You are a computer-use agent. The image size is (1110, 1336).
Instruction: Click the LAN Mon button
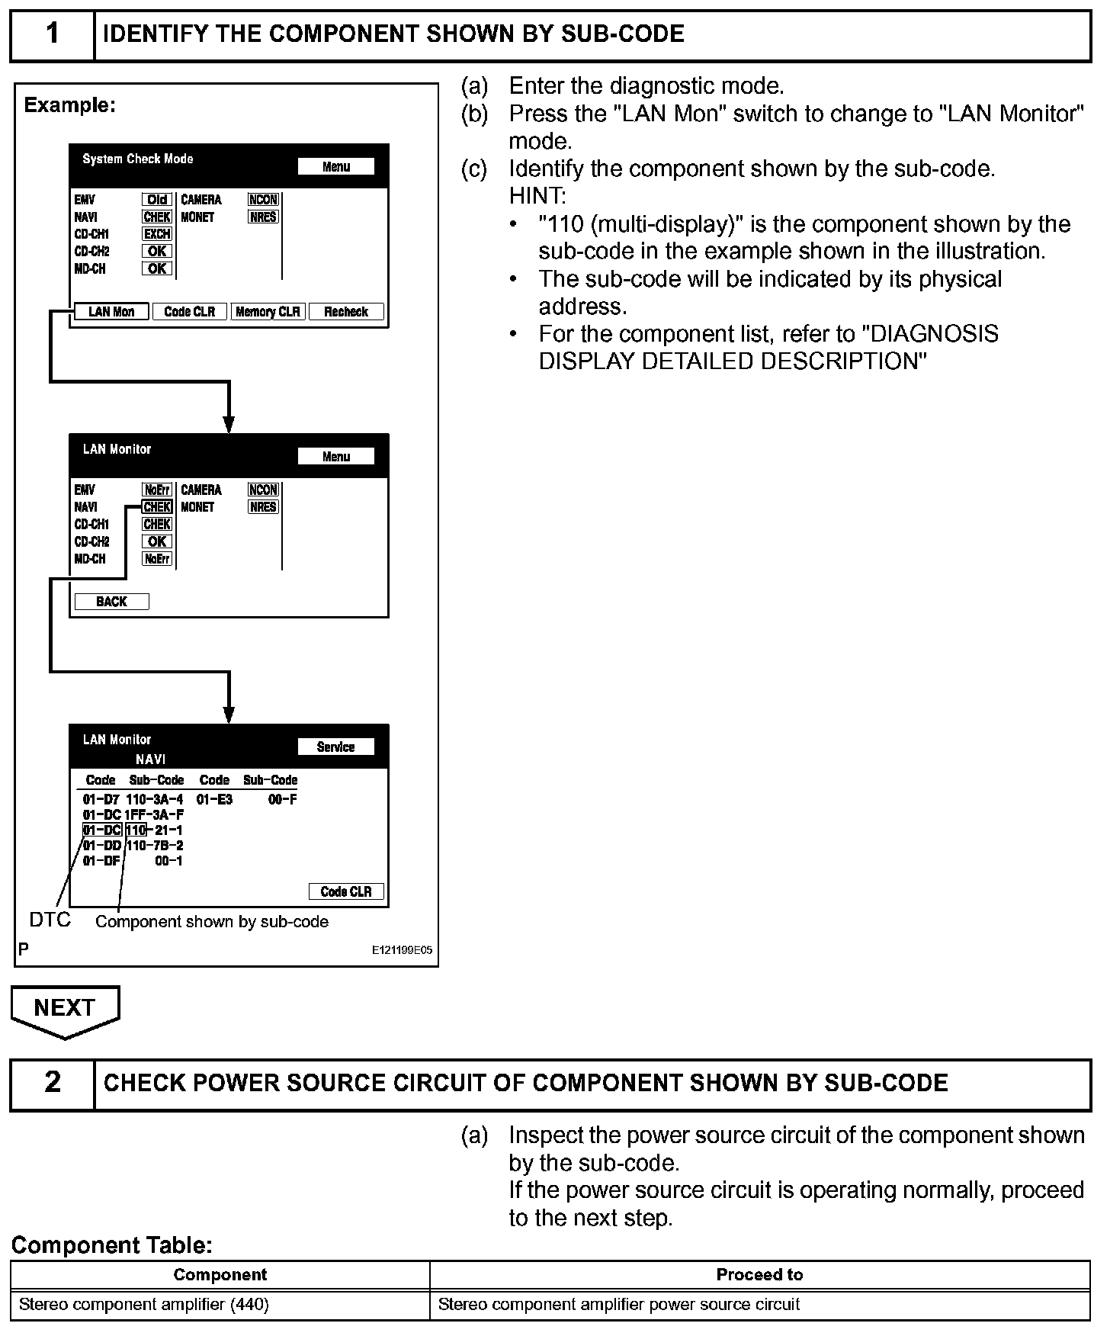point(111,312)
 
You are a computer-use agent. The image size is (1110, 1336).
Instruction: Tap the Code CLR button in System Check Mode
point(190,312)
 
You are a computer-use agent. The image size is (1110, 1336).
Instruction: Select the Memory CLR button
point(268,312)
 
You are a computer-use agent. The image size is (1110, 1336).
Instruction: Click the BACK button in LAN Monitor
point(111,602)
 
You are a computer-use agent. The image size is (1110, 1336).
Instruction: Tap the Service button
point(335,747)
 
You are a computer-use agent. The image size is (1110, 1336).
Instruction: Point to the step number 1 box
point(52,35)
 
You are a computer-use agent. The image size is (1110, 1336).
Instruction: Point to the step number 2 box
point(52,1083)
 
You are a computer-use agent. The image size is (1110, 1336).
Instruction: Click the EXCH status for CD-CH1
point(157,234)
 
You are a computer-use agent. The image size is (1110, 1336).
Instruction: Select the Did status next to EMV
point(157,200)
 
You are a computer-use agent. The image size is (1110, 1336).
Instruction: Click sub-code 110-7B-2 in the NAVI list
point(155,846)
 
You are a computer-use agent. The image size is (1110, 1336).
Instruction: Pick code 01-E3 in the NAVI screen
point(214,800)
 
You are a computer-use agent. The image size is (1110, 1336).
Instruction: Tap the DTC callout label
point(50,920)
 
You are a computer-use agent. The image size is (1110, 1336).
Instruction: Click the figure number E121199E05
point(402,950)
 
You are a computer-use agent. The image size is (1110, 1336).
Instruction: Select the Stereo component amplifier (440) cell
point(144,1305)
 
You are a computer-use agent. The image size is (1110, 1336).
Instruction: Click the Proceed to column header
point(759,1275)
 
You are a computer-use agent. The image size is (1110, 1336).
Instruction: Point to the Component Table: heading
point(111,1246)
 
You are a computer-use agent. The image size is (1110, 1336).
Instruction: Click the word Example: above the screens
point(69,105)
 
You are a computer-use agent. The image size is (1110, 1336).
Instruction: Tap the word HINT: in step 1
point(537,196)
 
